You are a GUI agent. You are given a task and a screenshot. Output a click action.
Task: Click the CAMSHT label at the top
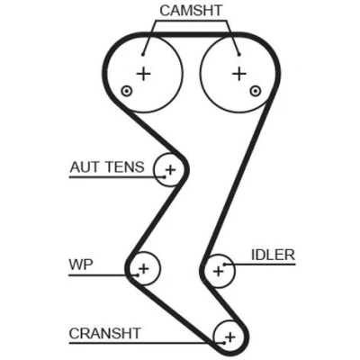[191, 11]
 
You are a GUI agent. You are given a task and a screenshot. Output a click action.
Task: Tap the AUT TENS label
[107, 166]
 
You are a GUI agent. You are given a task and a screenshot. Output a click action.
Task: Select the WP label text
[81, 265]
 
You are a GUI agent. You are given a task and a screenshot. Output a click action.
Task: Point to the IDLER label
[273, 255]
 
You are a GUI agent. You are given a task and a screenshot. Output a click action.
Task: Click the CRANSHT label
[104, 333]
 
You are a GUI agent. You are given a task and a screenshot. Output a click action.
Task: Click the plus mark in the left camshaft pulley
[143, 74]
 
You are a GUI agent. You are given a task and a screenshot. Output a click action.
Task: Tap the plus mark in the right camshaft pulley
[239, 74]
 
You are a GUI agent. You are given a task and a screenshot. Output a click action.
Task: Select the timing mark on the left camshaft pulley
[126, 91]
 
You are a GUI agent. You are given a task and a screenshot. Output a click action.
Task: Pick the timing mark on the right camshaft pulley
[255, 91]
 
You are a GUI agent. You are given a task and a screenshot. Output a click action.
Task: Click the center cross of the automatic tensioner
[170, 170]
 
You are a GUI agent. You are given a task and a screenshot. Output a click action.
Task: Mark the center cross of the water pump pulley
[144, 268]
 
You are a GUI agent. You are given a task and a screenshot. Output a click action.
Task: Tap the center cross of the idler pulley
[218, 271]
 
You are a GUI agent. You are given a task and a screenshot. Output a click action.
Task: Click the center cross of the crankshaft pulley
[230, 337]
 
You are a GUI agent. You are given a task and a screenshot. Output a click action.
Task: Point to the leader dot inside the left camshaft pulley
[143, 54]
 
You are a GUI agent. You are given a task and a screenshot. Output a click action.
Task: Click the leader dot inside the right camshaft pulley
[239, 54]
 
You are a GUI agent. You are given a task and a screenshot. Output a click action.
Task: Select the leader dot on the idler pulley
[224, 265]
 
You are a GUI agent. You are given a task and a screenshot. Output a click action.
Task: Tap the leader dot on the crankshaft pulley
[224, 343]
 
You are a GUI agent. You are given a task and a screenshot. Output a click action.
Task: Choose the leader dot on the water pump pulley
[138, 275]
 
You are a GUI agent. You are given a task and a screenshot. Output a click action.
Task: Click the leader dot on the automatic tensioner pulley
[165, 177]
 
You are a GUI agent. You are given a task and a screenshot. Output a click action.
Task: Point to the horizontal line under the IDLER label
[260, 265]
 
